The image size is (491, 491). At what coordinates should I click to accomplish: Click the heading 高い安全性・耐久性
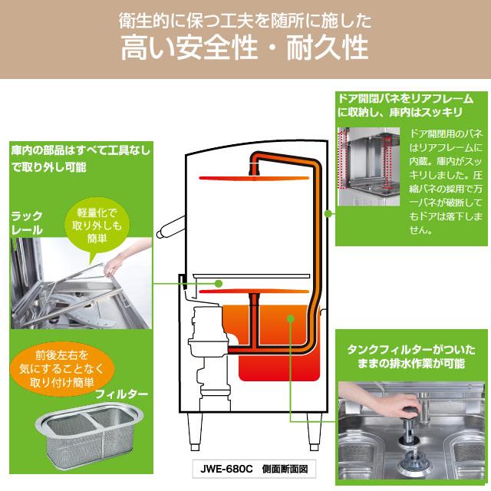click(245, 50)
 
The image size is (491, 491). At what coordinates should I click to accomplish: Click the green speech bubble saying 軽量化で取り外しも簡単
click(98, 225)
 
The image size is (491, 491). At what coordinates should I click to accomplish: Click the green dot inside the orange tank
click(290, 321)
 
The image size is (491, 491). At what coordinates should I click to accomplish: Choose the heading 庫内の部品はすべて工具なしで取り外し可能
click(81, 157)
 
